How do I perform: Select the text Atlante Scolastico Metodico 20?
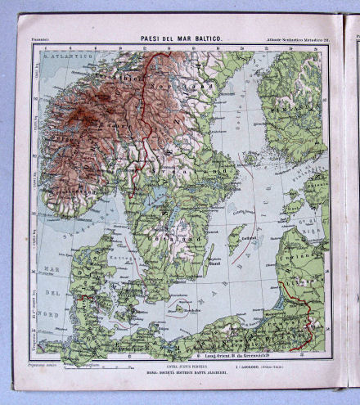pyautogui.click(x=290, y=38)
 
